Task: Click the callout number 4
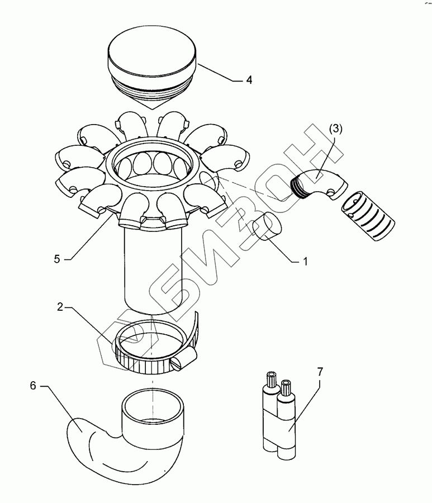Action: coord(249,79)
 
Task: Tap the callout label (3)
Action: coord(335,129)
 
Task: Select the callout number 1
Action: coord(305,261)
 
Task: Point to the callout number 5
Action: coord(57,259)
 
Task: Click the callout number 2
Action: coord(60,307)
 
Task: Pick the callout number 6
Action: coord(33,386)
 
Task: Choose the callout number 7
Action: coord(320,372)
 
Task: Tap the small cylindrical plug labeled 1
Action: coord(267,227)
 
